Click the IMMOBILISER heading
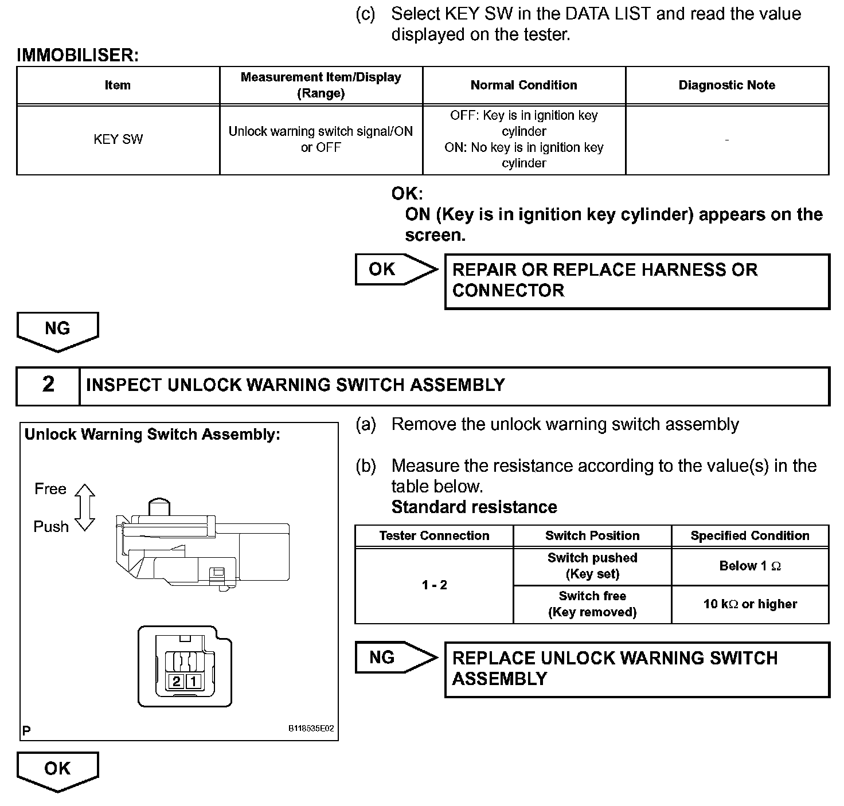coord(77,55)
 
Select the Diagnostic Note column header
coord(726,85)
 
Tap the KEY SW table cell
coord(118,139)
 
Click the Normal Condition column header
coord(523,85)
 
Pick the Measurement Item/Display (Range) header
coord(321,85)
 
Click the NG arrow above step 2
coord(57,330)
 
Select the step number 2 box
coord(48,385)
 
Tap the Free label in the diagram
coord(50,489)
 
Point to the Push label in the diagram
coord(51,526)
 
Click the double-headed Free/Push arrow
coord(85,507)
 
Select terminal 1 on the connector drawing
coord(194,681)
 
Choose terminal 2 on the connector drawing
coord(177,681)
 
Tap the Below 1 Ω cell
coord(749,566)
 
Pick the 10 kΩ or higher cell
coord(749,604)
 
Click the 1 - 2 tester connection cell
coord(434,585)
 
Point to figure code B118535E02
coord(311,729)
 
